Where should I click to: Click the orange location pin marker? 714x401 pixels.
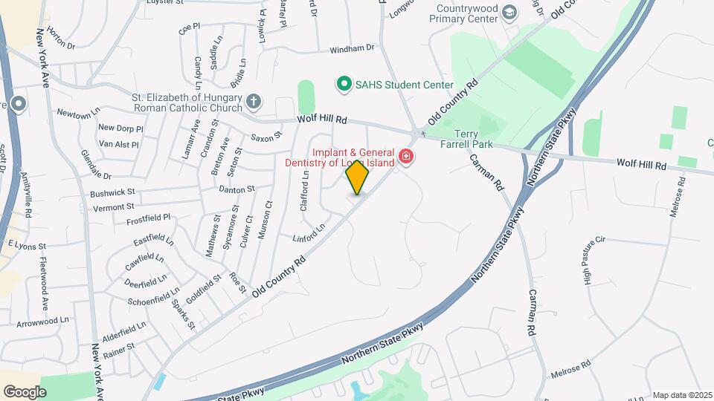(x=357, y=177)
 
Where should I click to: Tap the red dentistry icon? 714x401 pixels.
(x=406, y=156)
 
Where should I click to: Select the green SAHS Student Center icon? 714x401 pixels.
(x=344, y=84)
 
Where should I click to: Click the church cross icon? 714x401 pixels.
(x=253, y=101)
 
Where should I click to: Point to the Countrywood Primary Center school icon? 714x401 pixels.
(x=509, y=12)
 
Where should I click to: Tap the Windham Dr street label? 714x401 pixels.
(x=352, y=49)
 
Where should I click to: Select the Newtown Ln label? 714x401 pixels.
(x=78, y=114)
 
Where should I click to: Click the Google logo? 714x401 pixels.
(x=25, y=391)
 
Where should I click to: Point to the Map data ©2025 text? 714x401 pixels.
(x=682, y=395)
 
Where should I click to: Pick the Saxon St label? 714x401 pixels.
(x=266, y=137)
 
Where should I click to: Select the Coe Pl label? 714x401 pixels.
(x=190, y=28)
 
